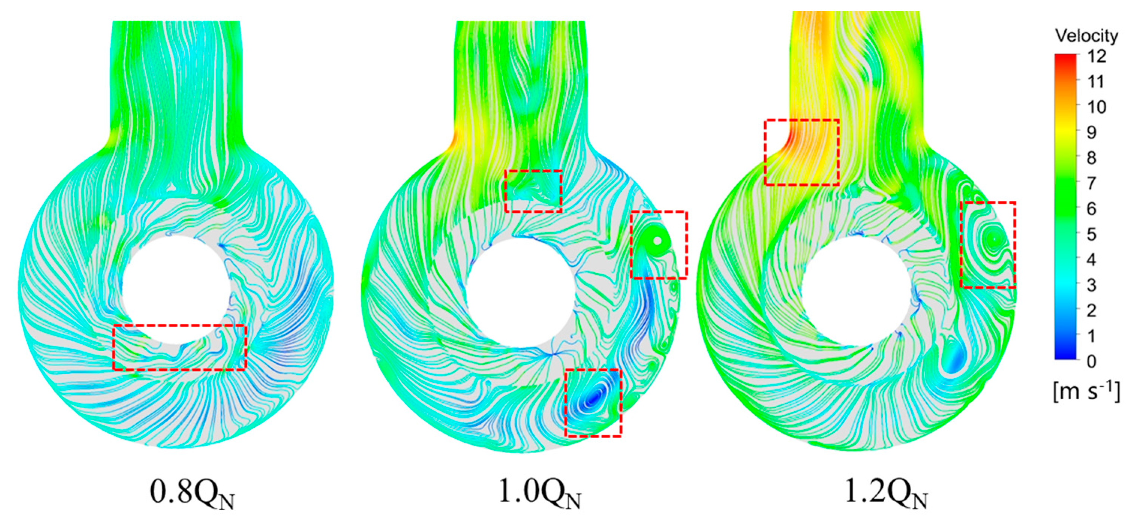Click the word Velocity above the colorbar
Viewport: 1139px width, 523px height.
[1087, 35]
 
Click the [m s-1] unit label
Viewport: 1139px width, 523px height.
[1086, 392]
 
